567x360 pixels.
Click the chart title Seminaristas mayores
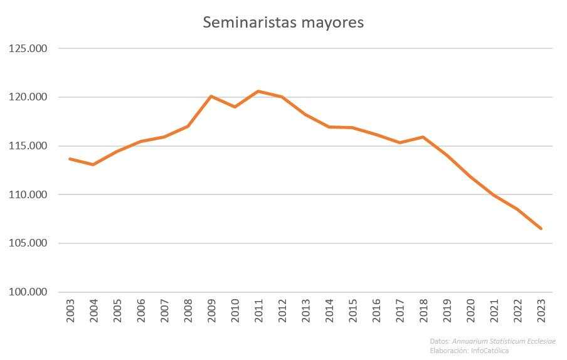pos(283,23)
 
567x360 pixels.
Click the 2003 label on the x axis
pos(70,310)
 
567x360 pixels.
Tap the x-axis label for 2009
pos(211,310)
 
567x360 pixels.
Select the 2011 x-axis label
pos(258,310)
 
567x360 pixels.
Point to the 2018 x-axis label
pos(423,310)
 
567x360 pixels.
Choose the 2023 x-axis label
pos(541,310)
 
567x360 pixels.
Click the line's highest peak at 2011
pos(258,92)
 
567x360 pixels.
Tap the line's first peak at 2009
pos(211,96)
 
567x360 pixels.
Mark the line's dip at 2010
pos(235,107)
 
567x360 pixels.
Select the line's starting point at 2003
pos(70,159)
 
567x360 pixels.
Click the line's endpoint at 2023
pos(541,228)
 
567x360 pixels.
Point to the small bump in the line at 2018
pos(423,137)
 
